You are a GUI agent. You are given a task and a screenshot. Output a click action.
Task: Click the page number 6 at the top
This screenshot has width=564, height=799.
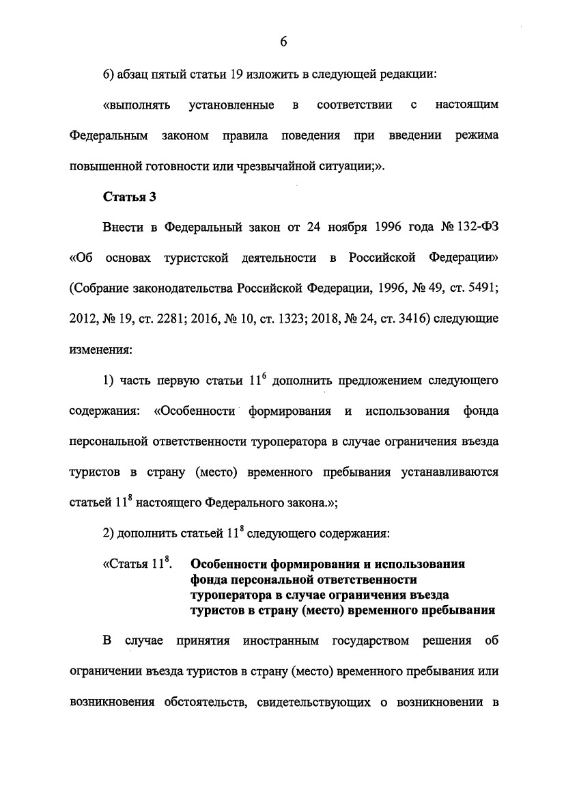tap(283, 42)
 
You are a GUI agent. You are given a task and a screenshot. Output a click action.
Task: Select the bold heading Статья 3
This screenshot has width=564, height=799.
tap(130, 198)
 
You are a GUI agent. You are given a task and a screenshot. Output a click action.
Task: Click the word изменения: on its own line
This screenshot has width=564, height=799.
tap(100, 348)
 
